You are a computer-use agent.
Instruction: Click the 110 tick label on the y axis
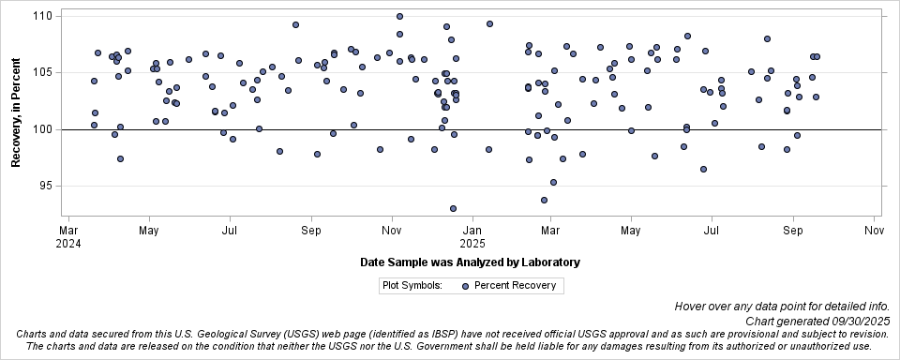coord(42,16)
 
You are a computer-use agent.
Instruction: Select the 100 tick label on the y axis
coord(42,129)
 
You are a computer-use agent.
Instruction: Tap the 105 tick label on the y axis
coord(42,72)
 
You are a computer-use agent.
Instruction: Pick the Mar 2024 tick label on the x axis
coord(68,236)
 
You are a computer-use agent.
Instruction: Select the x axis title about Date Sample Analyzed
coord(470,262)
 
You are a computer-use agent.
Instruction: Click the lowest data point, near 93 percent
coord(453,208)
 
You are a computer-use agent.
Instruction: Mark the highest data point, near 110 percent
coord(399,17)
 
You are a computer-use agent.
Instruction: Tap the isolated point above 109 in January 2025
coord(489,23)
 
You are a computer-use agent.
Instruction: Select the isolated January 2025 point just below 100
coord(488,149)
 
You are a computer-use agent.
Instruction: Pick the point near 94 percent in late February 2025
coord(544,200)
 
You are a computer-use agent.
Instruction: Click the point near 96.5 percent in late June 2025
coord(703,169)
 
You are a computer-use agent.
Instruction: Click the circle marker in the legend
coord(466,286)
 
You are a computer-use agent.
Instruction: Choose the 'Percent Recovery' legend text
coord(515,286)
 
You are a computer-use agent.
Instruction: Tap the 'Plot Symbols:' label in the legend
coord(412,286)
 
